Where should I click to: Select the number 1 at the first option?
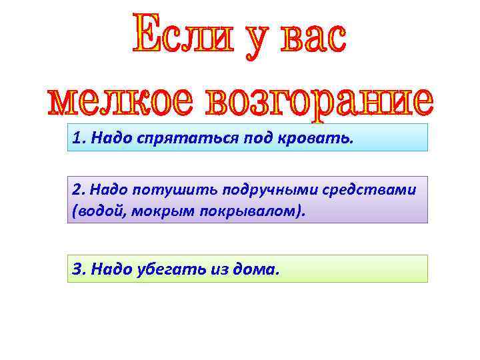77,138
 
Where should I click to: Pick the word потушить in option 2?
158,189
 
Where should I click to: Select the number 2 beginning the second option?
77,189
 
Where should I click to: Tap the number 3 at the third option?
77,269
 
